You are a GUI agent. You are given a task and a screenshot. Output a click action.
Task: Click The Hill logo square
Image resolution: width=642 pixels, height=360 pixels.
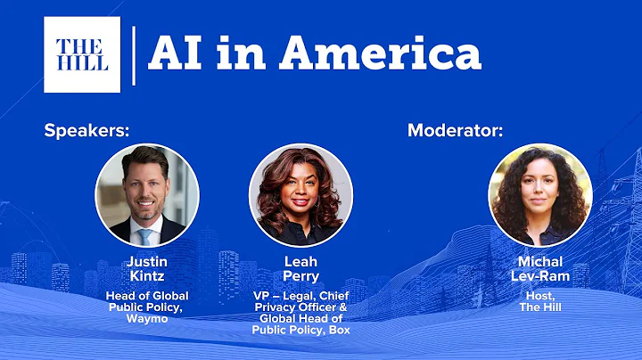click(82, 54)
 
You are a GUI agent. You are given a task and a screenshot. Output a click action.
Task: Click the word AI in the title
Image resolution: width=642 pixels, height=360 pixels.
click(175, 53)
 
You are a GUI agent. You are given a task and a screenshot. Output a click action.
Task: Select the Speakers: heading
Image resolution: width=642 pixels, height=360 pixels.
click(87, 130)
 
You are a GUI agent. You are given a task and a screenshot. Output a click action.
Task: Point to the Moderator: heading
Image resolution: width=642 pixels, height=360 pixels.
click(456, 130)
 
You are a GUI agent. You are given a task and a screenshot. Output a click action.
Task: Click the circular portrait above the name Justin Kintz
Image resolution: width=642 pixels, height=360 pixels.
click(147, 195)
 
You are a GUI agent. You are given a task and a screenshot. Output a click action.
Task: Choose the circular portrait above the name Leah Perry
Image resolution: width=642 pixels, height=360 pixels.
click(300, 195)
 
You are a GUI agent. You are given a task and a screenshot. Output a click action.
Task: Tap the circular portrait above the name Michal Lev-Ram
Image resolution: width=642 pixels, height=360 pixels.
click(540, 195)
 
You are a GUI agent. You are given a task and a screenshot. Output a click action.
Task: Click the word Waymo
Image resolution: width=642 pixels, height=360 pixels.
click(147, 318)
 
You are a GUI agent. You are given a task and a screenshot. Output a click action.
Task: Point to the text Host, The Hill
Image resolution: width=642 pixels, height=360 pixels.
click(540, 301)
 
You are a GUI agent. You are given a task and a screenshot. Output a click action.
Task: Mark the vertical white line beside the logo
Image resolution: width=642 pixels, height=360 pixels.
click(134, 55)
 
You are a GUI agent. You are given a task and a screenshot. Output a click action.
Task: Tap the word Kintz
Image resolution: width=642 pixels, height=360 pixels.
click(147, 277)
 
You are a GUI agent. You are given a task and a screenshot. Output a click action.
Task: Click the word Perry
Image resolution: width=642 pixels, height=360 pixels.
click(300, 277)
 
